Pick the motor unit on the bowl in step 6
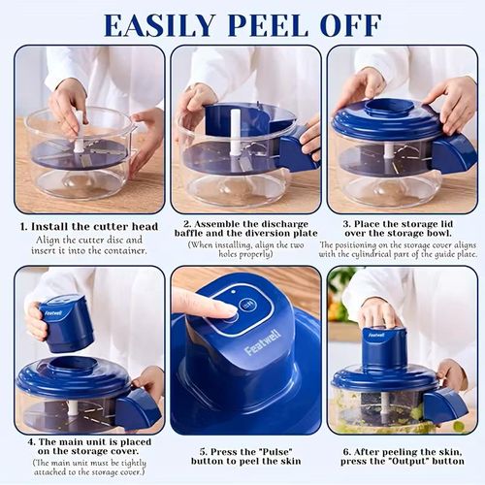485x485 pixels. [x=384, y=347]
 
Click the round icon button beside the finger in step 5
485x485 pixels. [x=247, y=304]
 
